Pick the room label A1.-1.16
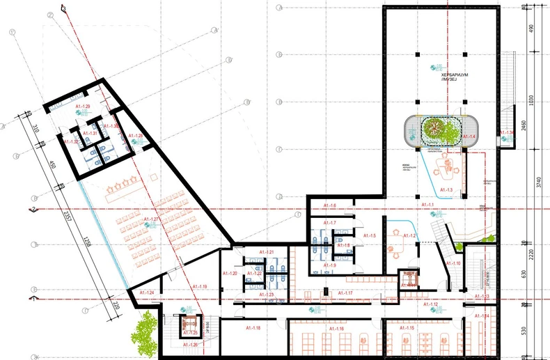click(x=336, y=328)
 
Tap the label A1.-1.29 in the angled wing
click(x=82, y=106)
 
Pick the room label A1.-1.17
click(x=345, y=292)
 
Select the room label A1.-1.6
click(x=329, y=205)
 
